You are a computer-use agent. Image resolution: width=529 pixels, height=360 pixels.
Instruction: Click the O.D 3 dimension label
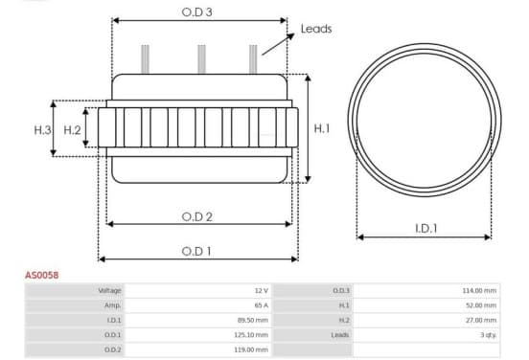pyautogui.click(x=197, y=12)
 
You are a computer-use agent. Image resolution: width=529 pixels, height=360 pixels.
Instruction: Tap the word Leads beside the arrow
pyautogui.click(x=316, y=29)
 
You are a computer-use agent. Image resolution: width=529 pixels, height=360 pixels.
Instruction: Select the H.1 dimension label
pyautogui.click(x=321, y=128)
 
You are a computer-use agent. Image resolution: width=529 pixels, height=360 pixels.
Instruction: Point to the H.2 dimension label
pyautogui.click(x=72, y=130)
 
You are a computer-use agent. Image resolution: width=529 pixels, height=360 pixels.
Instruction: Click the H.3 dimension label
pyautogui.click(x=42, y=130)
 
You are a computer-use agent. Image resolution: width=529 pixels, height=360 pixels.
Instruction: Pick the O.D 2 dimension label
pyautogui.click(x=197, y=216)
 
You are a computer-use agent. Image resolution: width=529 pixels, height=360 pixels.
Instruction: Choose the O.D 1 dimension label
pyautogui.click(x=196, y=251)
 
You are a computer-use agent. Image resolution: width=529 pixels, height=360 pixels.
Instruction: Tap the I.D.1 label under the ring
pyautogui.click(x=426, y=229)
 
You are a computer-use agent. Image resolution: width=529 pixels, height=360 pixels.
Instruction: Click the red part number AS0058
pyautogui.click(x=42, y=275)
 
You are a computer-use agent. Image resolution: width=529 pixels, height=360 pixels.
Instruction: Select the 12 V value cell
pyautogui.click(x=262, y=290)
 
